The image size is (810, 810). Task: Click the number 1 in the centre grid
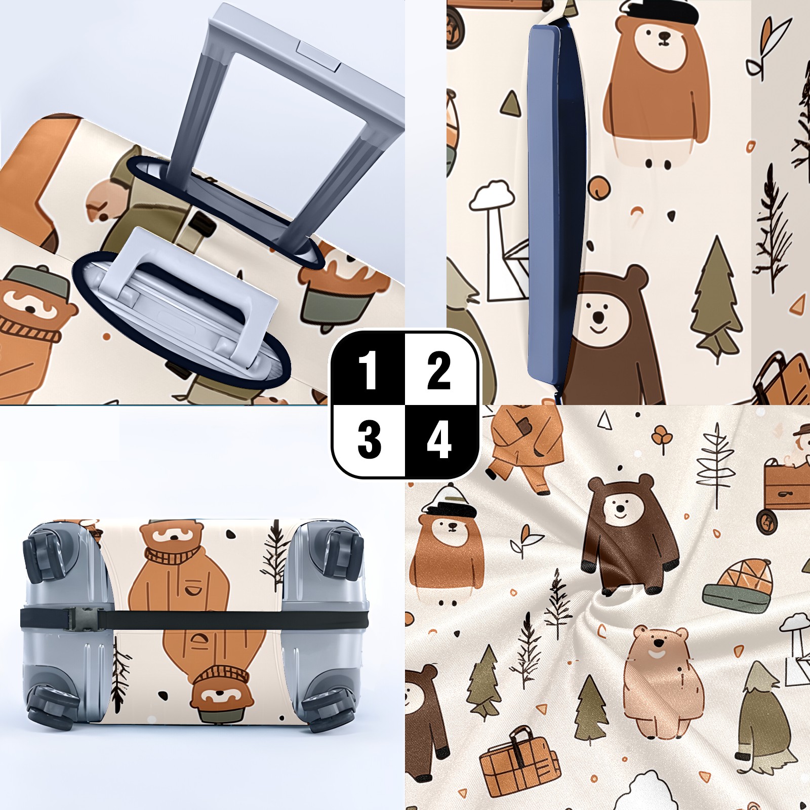(368, 371)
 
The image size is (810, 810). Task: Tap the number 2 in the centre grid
(439, 371)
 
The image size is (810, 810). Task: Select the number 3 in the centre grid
(369, 440)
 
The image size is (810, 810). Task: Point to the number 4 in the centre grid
(439, 440)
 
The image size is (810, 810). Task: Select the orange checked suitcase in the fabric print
(519, 757)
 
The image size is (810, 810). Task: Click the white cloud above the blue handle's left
(492, 195)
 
